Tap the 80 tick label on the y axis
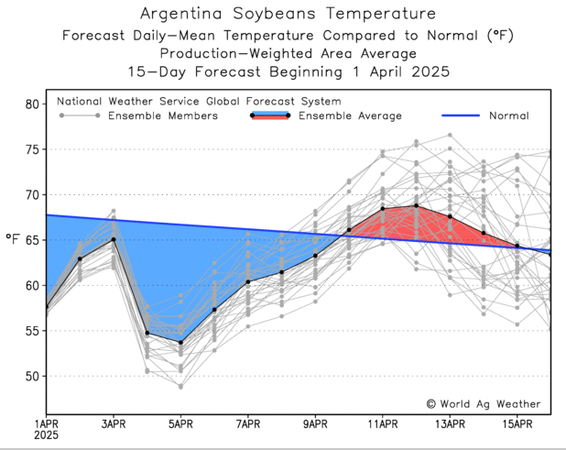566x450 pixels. (x=31, y=104)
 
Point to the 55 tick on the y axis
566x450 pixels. (x=31, y=331)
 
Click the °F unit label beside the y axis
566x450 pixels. (x=12, y=239)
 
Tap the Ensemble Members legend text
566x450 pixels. (x=163, y=116)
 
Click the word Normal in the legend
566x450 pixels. (x=509, y=116)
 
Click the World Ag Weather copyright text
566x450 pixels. (x=483, y=403)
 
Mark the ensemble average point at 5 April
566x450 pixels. (x=180, y=343)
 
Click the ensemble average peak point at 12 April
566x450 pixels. (x=416, y=205)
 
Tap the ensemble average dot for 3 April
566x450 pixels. (x=114, y=239)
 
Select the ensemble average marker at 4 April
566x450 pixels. (x=147, y=333)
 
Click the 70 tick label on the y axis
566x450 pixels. (x=31, y=195)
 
